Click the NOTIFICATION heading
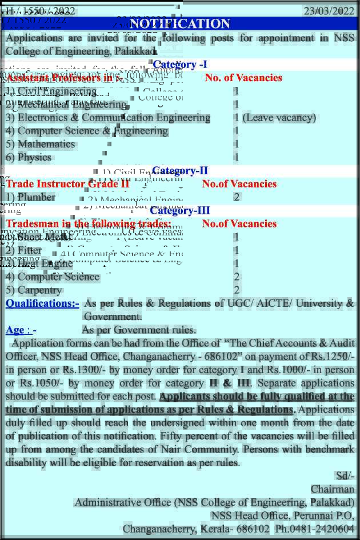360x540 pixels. [180, 23]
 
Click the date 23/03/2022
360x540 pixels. [329, 11]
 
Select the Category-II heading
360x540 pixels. [180, 170]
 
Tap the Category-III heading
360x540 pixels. [180, 210]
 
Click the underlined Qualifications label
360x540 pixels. [42, 303]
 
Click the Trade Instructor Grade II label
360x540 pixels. [67, 184]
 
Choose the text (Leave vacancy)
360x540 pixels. [279, 118]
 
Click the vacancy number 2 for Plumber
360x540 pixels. [237, 197]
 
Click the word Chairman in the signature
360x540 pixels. [333, 489]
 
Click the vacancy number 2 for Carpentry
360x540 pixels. [237, 290]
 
